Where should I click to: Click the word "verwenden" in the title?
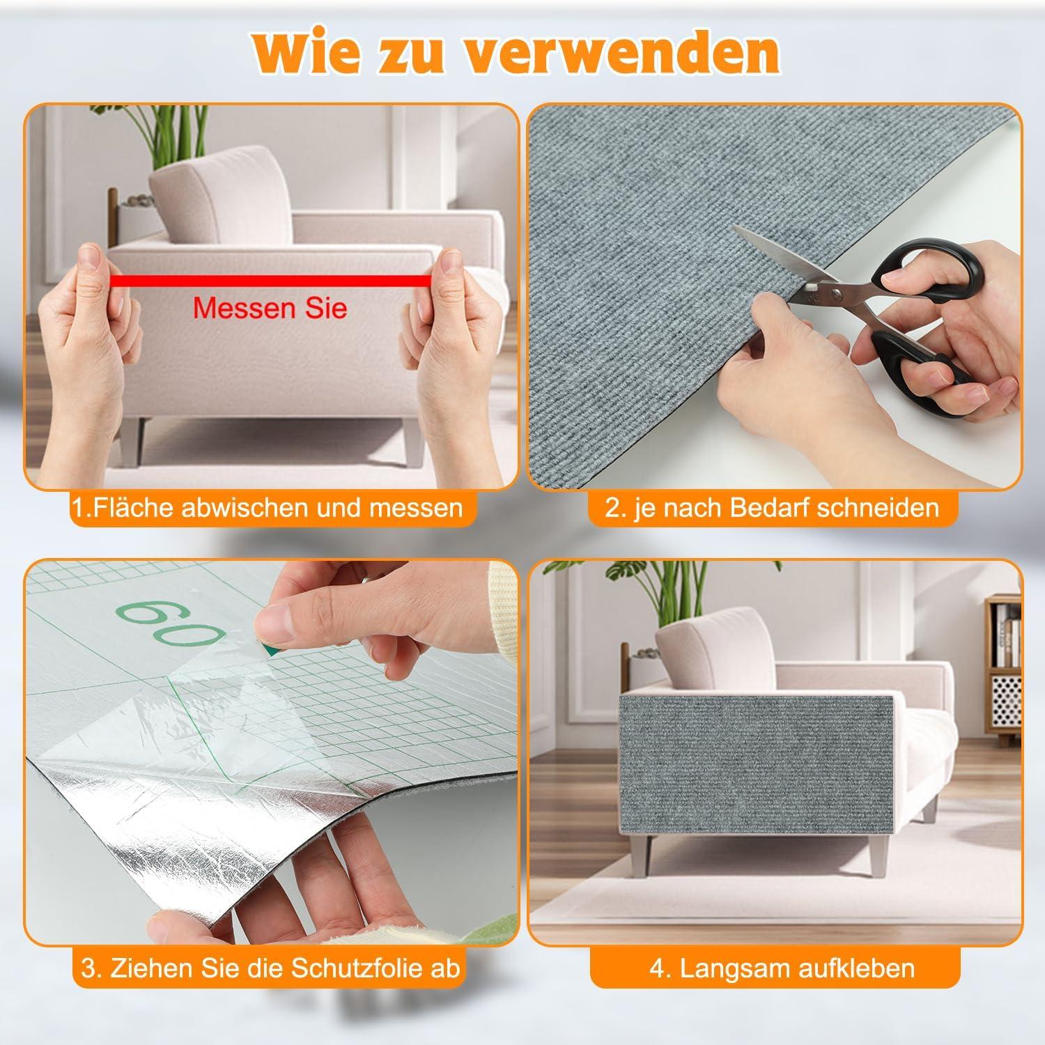[x=621, y=50]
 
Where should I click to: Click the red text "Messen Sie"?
[x=270, y=307]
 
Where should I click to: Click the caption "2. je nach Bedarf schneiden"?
[x=772, y=506]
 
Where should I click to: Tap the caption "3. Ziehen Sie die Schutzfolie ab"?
[x=271, y=968]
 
